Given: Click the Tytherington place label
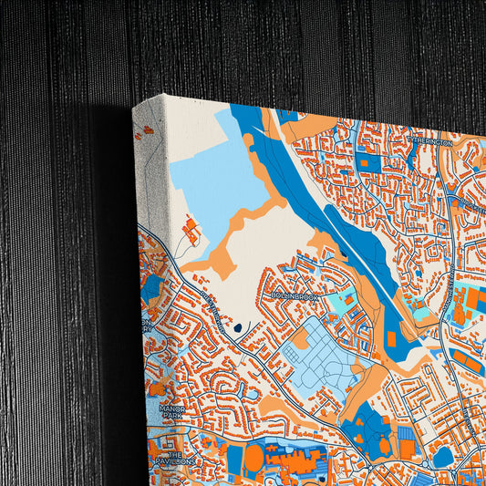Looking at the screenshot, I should [x=429, y=142].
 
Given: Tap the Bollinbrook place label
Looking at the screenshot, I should [x=293, y=295].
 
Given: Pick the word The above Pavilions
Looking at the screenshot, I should [x=177, y=453].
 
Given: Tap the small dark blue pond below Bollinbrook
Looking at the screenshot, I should [x=238, y=326].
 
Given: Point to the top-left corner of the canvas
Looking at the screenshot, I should [x=134, y=108].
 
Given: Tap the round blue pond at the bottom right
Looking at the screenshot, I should [x=444, y=456].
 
